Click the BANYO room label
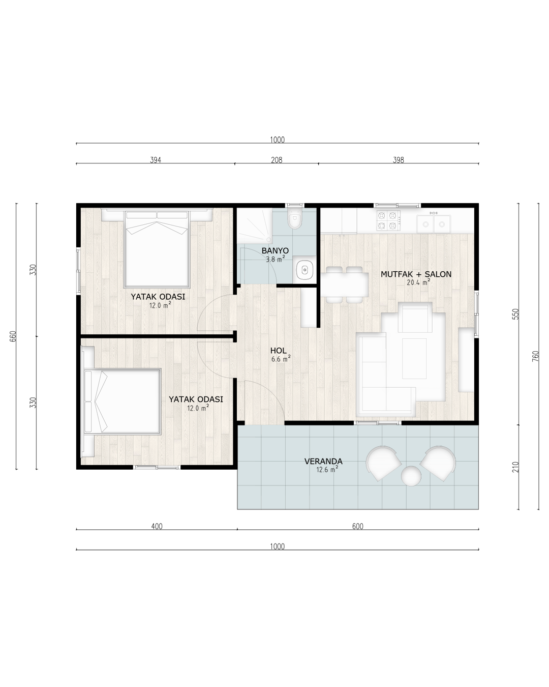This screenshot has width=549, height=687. [x=275, y=250]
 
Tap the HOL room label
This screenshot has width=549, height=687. [x=278, y=351]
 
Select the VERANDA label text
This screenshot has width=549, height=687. [x=323, y=461]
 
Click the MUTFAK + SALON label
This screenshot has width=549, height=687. [x=416, y=274]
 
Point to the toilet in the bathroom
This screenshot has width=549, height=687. [x=294, y=219]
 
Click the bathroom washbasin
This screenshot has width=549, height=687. [x=304, y=270]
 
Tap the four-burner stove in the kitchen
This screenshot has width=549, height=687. [x=388, y=220]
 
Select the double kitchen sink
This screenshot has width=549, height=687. [x=434, y=224]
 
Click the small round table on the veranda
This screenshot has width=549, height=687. [x=411, y=476]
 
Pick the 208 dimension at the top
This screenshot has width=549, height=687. [x=277, y=160]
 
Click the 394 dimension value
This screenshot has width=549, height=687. [x=156, y=160]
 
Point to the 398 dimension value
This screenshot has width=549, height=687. [x=399, y=160]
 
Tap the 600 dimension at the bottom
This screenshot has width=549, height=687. [x=357, y=526]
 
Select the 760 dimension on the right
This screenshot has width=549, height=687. [x=536, y=356]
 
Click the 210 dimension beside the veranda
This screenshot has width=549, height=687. [x=515, y=467]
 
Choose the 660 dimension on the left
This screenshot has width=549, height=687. [x=13, y=336]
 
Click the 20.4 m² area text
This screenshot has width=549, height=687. [x=418, y=282]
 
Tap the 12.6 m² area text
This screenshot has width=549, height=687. [x=327, y=469]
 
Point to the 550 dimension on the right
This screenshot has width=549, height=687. [x=515, y=314]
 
